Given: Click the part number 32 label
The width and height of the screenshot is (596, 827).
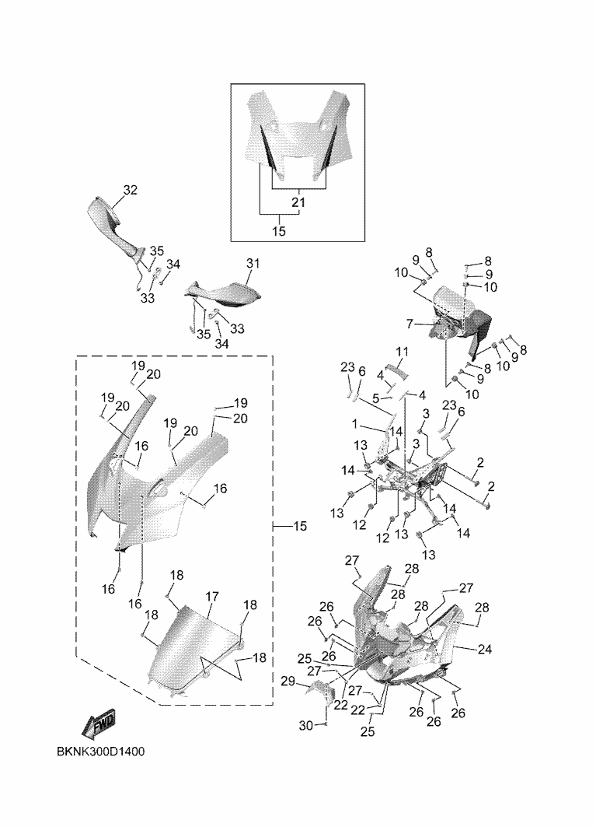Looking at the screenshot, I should [130, 190].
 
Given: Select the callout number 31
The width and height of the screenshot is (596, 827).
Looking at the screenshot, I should [250, 265].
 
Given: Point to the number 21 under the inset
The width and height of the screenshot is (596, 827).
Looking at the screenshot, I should [298, 202].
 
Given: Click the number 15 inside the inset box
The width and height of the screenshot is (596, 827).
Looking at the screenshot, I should [279, 231].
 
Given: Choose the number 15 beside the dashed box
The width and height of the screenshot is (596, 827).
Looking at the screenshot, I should [299, 527].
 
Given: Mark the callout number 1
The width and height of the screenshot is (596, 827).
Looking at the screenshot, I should [354, 426].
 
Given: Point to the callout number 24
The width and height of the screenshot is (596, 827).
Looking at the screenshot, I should [484, 649].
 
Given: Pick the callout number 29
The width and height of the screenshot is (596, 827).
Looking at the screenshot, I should [288, 682].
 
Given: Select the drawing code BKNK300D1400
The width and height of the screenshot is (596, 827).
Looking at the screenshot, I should [101, 753].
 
